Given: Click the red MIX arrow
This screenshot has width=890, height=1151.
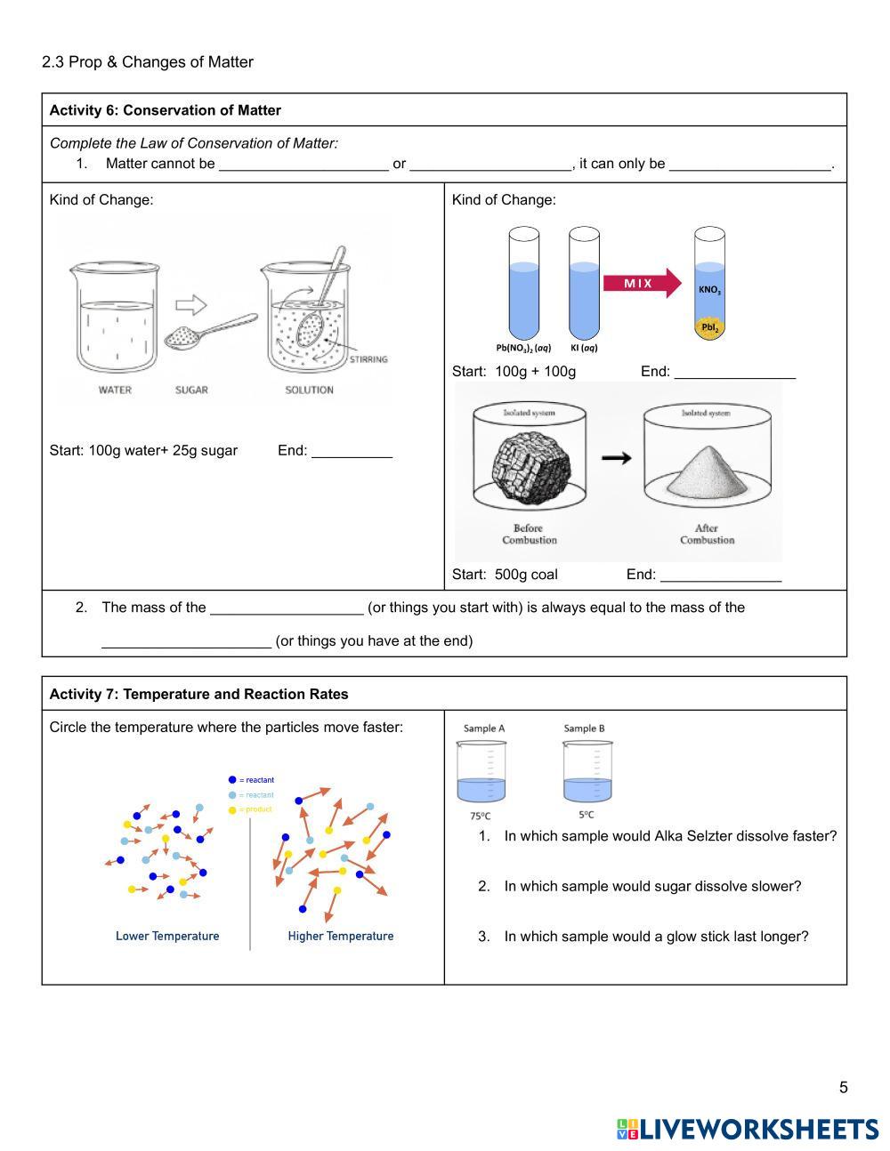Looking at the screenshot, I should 641,284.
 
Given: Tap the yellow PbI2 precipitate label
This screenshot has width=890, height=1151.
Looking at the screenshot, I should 709,327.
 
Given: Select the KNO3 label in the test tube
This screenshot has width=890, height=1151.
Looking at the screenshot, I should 709,290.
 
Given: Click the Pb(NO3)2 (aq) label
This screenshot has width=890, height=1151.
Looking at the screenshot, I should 523,348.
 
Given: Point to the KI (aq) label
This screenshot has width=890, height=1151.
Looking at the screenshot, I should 584,348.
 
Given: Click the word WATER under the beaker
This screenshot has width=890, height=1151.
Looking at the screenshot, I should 115,390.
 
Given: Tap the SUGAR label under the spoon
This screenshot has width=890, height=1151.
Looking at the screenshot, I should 191,390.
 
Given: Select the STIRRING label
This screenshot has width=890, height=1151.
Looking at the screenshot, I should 368,359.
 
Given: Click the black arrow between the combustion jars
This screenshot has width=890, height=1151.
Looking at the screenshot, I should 616,457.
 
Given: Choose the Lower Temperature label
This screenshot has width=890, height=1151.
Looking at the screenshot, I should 167,936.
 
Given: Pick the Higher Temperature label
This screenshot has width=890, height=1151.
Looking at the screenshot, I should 340,936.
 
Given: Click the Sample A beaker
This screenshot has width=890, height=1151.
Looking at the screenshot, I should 481,773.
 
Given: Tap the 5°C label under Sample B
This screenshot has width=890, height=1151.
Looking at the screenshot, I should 586,815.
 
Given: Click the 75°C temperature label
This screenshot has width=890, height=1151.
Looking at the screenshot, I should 480,816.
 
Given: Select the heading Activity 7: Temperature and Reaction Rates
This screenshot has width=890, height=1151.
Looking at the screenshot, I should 198,694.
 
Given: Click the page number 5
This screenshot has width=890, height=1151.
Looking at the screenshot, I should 843,1087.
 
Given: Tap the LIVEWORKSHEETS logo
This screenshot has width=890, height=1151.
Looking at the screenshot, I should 748,1129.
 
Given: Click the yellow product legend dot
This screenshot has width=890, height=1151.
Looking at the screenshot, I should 232,809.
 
